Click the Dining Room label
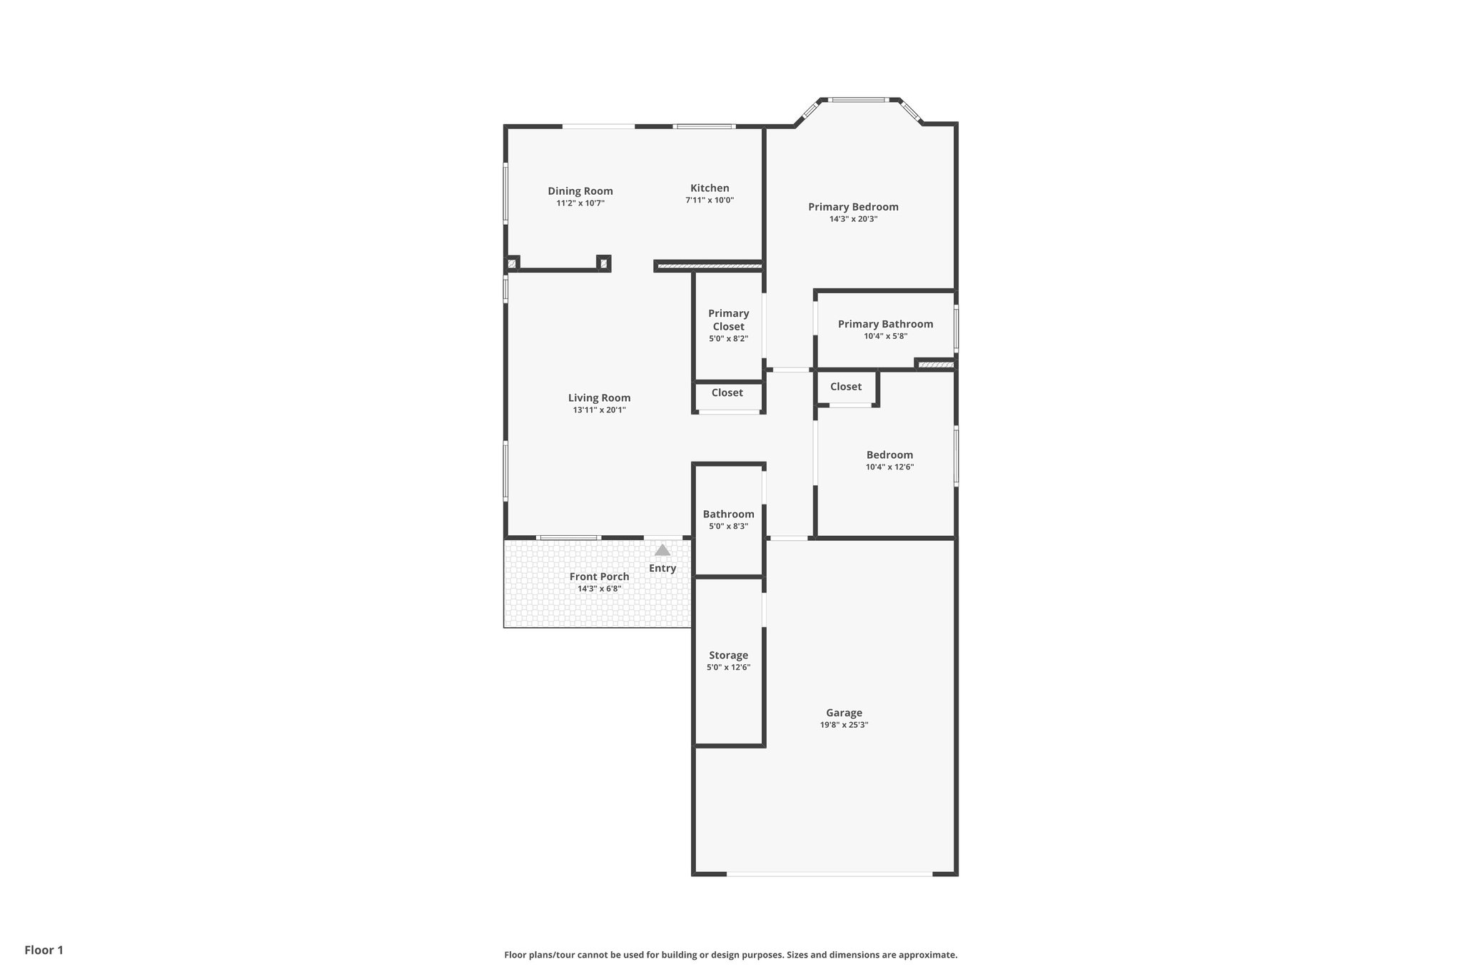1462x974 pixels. [x=580, y=191]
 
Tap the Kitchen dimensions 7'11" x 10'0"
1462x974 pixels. [x=709, y=201]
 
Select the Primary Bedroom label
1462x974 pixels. [x=853, y=207]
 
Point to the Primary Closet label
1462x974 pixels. [x=728, y=320]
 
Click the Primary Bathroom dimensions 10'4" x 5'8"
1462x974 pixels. [x=885, y=336]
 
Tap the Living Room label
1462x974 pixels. [x=599, y=398]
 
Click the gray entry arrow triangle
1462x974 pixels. [x=662, y=550]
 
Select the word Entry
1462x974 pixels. [x=662, y=569]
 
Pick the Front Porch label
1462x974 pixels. [x=599, y=577]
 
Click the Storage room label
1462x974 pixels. [x=728, y=655]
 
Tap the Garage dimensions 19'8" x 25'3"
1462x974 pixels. [x=844, y=725]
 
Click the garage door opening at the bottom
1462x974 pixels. [x=829, y=873]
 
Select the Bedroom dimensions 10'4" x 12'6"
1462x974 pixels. [x=889, y=467]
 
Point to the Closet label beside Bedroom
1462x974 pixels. [x=845, y=387]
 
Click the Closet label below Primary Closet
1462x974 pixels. [x=727, y=393]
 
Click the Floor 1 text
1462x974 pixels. [x=44, y=950]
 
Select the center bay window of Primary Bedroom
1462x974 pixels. [x=859, y=100]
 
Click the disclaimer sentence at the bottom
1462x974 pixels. [x=730, y=955]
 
